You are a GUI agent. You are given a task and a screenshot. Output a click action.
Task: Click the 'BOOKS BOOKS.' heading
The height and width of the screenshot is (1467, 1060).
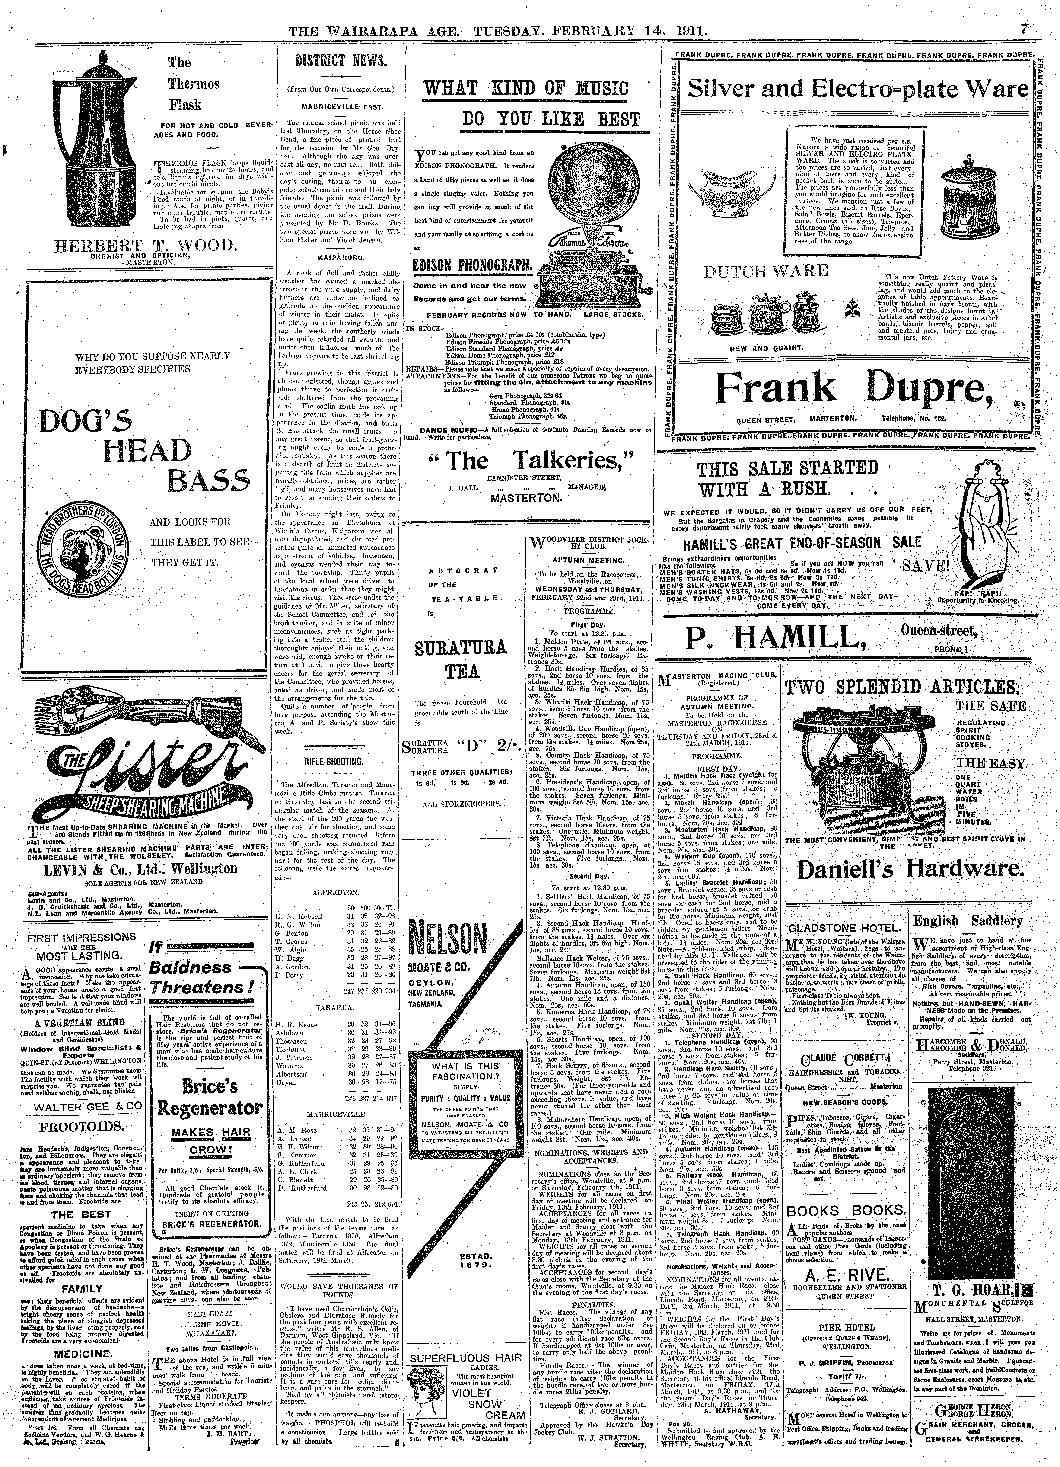coord(845,1211)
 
